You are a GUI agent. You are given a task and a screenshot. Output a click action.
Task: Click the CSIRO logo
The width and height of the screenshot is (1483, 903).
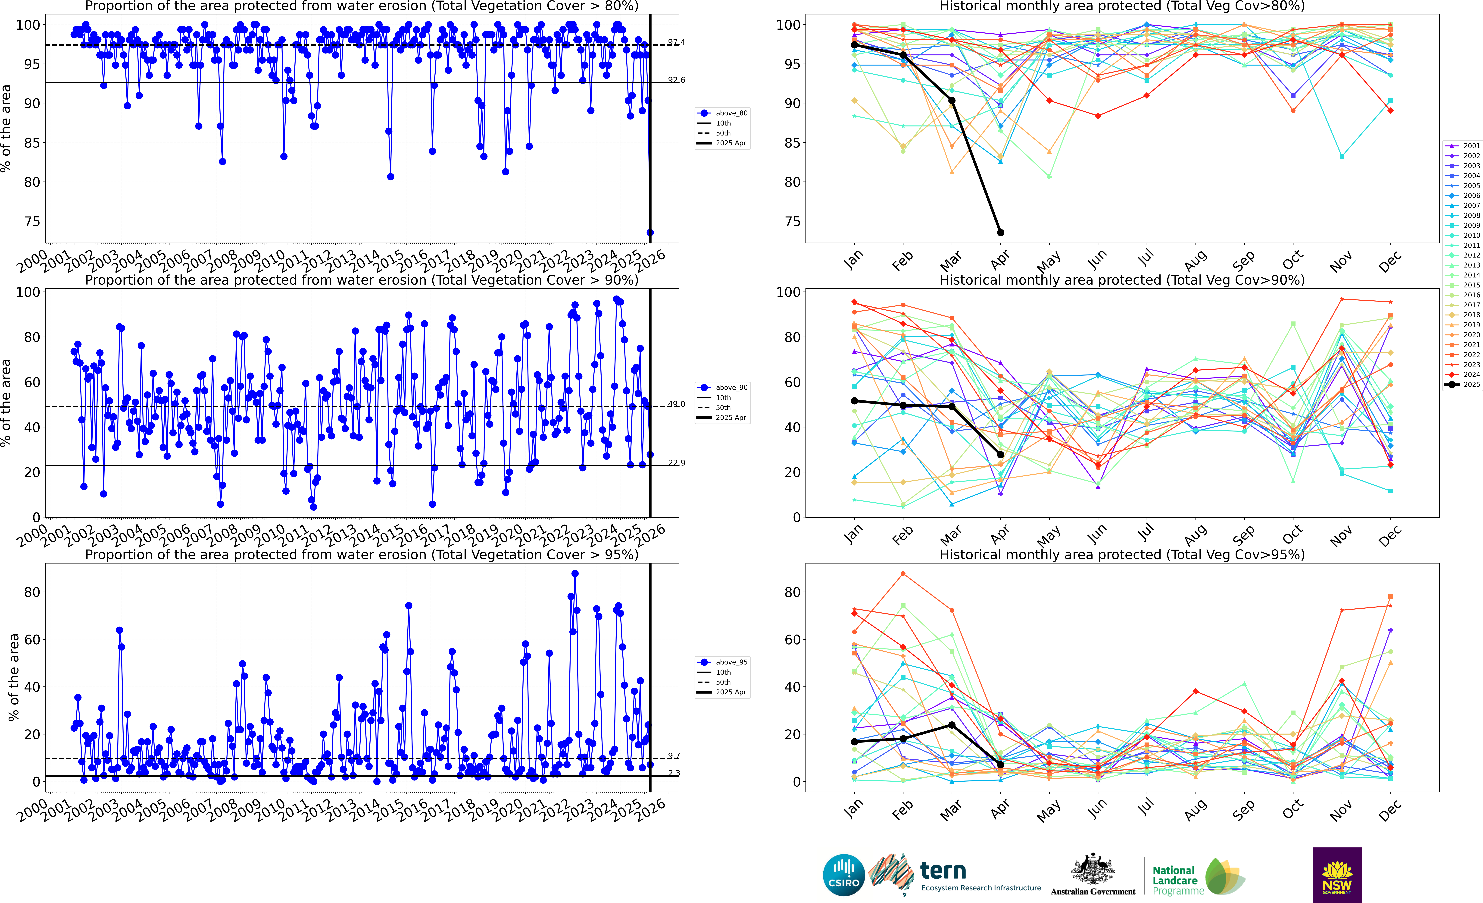point(844,875)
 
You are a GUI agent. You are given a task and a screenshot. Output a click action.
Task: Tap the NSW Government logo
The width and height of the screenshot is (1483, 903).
point(1337,875)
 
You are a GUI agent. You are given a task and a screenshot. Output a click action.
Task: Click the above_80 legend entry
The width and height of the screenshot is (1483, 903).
point(722,113)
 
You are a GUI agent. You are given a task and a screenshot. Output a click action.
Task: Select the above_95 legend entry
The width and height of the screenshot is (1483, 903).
point(722,662)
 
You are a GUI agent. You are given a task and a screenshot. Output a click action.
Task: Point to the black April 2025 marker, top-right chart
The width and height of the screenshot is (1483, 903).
point(1000,232)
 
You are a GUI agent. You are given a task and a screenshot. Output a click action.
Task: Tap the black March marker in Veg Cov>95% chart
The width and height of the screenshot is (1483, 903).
point(952,725)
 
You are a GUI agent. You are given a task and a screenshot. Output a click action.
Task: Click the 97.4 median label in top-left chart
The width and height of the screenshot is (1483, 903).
point(676,42)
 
